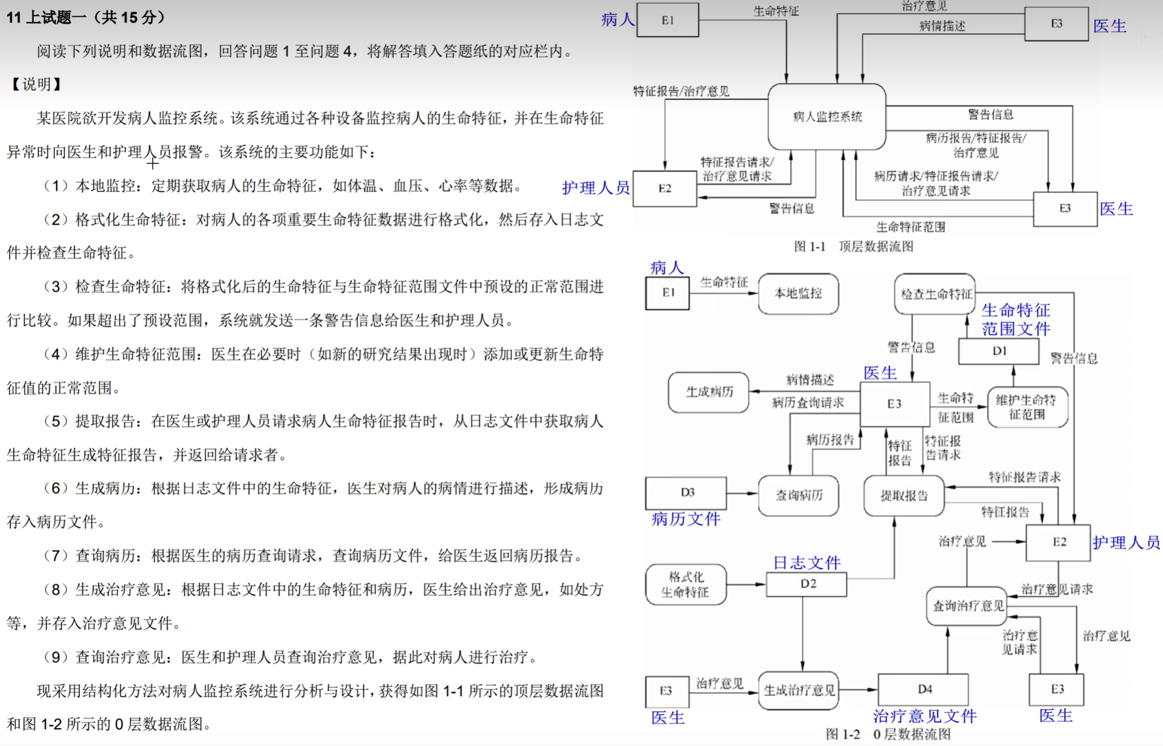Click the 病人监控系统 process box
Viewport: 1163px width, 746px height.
coord(826,117)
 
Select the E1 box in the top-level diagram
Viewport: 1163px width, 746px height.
coord(668,20)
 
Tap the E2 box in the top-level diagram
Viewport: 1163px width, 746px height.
coord(664,188)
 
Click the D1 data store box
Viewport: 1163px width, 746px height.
coord(998,351)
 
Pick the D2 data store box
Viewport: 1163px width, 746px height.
coord(806,584)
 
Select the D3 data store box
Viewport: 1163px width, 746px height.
coord(686,492)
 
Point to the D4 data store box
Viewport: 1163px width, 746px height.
coord(923,689)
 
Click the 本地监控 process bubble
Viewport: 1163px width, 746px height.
coord(798,293)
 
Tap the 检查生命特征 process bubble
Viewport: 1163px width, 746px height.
coord(935,294)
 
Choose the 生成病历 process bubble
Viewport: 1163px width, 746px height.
coord(709,392)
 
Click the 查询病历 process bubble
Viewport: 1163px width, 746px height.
coord(798,495)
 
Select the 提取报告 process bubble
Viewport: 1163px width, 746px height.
coord(904,495)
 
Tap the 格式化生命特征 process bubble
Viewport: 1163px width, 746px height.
coord(685,585)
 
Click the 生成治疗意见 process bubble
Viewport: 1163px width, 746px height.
coord(799,690)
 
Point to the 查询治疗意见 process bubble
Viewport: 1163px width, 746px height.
coord(967,606)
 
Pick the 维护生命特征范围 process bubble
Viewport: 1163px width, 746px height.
coord(1027,407)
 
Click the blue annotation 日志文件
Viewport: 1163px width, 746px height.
coord(806,563)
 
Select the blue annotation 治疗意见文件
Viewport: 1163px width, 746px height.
coord(924,716)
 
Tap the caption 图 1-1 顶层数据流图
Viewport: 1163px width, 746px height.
coord(853,247)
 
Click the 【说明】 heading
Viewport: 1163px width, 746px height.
coord(36,84)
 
